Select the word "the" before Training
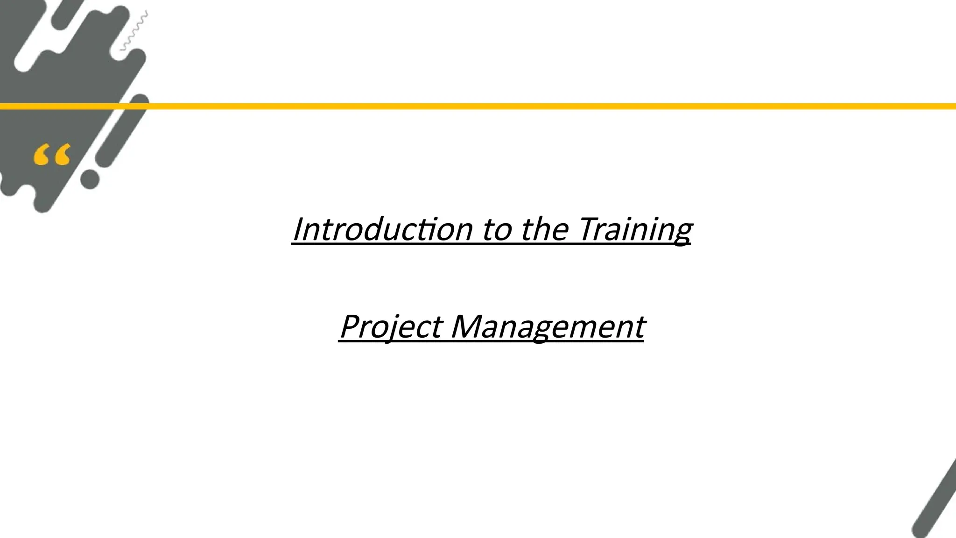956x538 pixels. [544, 229]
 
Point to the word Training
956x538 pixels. [635, 229]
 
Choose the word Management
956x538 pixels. [548, 326]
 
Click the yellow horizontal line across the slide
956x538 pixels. [513, 106]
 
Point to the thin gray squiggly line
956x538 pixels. [134, 31]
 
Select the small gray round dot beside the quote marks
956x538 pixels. [90, 179]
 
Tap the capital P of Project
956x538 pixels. [351, 326]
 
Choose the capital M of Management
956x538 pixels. [467, 326]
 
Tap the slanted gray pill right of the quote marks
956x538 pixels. [122, 131]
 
